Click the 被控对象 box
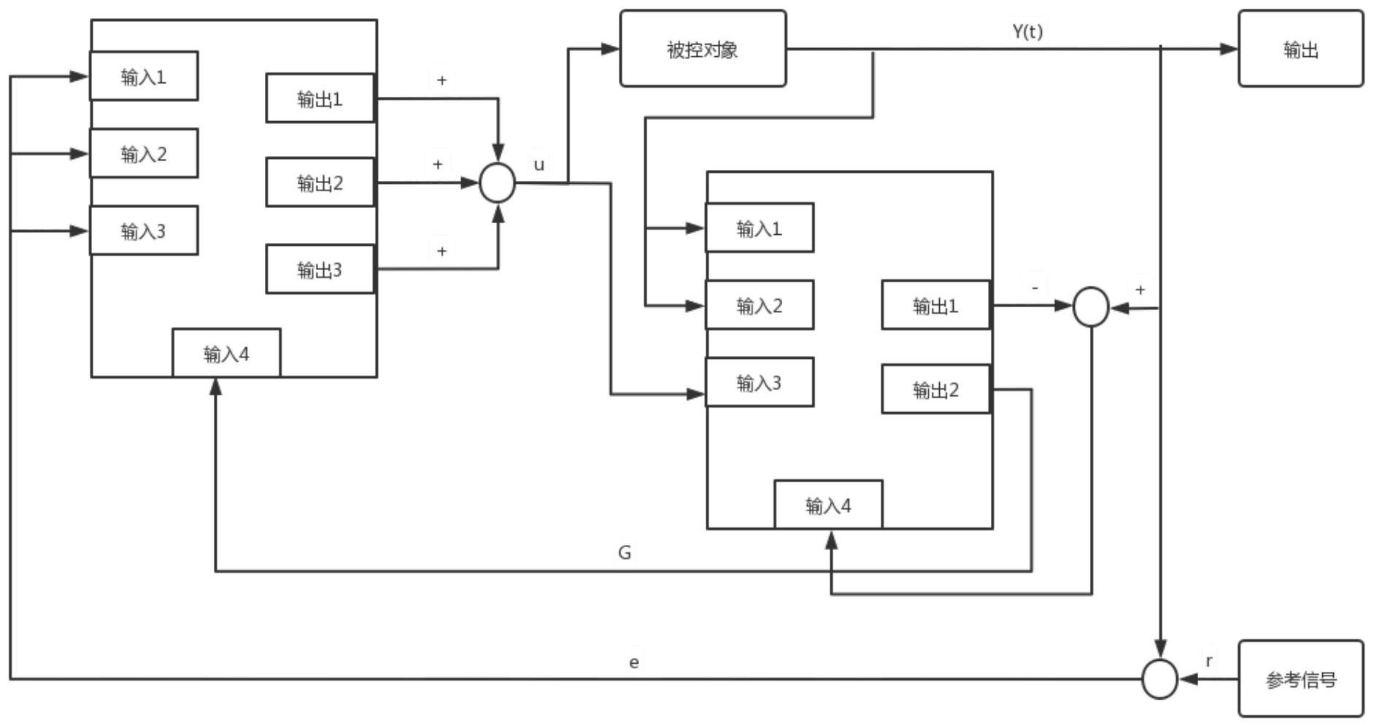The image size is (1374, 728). pos(703,49)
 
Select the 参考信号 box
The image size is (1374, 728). pos(1300,679)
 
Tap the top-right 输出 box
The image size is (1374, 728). pos(1300,49)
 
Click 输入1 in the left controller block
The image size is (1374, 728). pos(144,76)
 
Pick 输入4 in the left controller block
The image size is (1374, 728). pos(226,354)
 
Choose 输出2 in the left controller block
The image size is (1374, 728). pos(320,182)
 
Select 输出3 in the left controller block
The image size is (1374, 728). pos(320,269)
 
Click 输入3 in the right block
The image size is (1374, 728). pos(759,382)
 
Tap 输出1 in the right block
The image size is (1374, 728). pos(935,306)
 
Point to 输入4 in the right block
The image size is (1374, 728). pos(828,505)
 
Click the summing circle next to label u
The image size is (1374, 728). pos(497,182)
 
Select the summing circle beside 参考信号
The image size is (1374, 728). pos(1159,679)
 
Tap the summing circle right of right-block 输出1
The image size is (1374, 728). pos(1091,306)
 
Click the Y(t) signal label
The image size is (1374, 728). pos(1027,31)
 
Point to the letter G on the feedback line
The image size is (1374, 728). pos(625,552)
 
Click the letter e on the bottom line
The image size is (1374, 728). pos(634,662)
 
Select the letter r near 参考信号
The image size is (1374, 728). pos(1209,661)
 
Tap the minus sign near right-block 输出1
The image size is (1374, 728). pos(1035,288)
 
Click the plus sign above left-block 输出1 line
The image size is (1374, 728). pos(441,80)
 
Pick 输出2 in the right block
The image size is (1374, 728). pos(935,390)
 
